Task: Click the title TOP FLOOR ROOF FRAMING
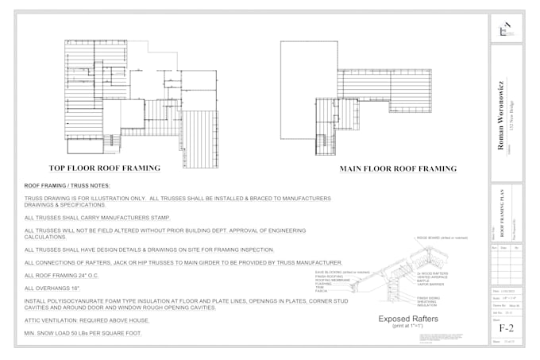coord(104,168)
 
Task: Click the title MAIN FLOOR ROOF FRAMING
coord(398,168)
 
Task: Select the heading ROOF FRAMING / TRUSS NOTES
coord(67,185)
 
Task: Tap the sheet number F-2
coord(506,327)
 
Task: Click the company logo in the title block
coord(504,29)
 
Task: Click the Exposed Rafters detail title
coord(408,319)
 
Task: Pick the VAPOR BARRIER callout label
coord(430,282)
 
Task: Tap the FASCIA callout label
coord(322,291)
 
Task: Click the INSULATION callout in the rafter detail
coord(428,304)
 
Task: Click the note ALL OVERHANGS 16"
coord(53,288)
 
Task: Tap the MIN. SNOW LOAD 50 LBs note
coord(83,332)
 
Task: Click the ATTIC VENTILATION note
coord(87,319)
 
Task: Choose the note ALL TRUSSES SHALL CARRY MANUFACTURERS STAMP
coord(98,217)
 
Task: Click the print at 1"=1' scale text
coord(407,327)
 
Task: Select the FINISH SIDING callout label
coord(430,297)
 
